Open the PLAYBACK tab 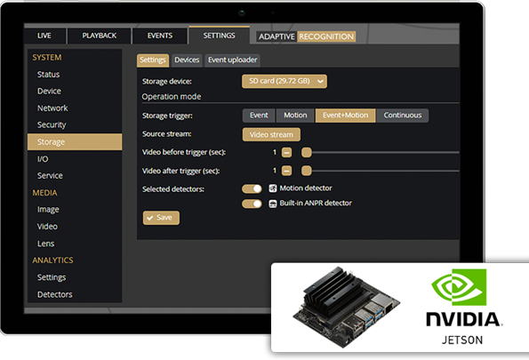(100, 36)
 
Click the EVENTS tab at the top (159, 36)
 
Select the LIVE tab (44, 36)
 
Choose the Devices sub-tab (187, 60)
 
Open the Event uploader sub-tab (232, 60)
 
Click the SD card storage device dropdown (285, 81)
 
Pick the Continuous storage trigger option (403, 116)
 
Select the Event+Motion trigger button (345, 116)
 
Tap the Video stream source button (271, 134)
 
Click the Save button (161, 218)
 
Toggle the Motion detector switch (252, 188)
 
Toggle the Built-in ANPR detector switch (252, 204)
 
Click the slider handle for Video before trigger (307, 153)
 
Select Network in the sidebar (52, 108)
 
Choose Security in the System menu (52, 124)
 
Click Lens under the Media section (46, 244)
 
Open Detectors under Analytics (54, 294)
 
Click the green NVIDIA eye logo (460, 287)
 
